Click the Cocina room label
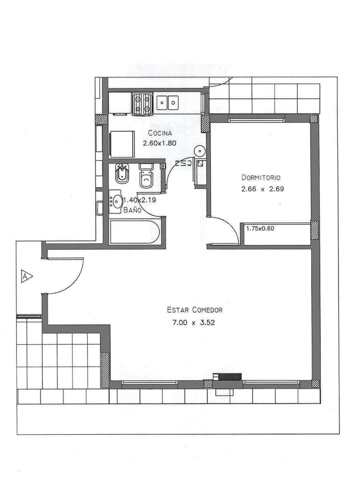tap(160, 133)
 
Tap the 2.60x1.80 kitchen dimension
tap(160, 142)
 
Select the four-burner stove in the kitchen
tap(142, 104)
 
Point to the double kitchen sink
tap(168, 103)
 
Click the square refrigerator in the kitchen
tap(122, 144)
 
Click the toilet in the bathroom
tap(146, 176)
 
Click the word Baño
tap(132, 210)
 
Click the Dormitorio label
tap(261, 177)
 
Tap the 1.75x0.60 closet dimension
tap(260, 228)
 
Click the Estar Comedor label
tap(194, 310)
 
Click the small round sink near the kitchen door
tap(199, 151)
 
